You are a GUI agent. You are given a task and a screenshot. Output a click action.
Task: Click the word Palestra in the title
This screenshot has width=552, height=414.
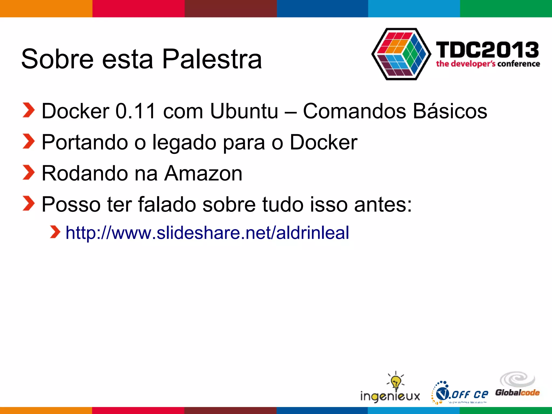point(212,59)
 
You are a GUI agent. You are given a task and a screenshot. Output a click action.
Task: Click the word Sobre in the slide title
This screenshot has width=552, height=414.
point(57,59)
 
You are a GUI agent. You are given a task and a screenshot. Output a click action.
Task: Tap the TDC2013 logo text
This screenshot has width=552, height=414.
point(487,50)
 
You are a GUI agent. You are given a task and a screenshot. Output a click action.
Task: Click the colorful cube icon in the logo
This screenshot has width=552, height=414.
point(401,54)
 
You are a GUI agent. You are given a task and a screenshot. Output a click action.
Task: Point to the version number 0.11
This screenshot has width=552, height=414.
point(136,111)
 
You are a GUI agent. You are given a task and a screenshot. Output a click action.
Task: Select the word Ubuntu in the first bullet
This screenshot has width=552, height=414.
point(244,111)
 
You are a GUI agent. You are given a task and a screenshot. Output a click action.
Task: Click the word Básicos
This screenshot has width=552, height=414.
point(450,111)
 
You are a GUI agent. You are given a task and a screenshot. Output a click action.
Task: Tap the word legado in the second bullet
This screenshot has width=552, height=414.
point(184,142)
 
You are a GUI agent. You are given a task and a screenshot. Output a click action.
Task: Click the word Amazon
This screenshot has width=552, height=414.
point(203,173)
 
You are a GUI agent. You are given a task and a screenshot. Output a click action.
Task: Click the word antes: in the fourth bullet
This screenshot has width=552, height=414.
point(383,205)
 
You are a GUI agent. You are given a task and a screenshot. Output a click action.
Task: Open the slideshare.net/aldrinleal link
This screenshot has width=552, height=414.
point(207,233)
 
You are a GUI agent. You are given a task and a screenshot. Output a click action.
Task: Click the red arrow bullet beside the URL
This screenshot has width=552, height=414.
point(55,232)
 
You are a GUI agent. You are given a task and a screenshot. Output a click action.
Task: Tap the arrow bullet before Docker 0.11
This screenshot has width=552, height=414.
point(29,110)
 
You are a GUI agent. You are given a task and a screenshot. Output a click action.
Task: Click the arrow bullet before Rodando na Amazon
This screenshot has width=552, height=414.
point(29,172)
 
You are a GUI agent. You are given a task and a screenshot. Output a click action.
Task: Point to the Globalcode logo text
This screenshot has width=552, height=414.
point(517,392)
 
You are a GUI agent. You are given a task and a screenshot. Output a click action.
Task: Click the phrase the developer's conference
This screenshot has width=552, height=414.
point(488,64)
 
